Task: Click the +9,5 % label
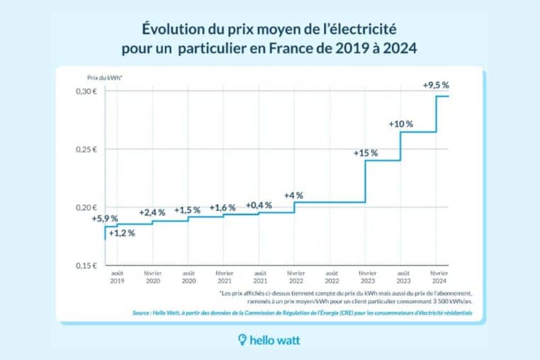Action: [x=436, y=85]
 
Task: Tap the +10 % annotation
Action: [x=400, y=123]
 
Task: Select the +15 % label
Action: [x=366, y=152]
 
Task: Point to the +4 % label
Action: [x=293, y=195]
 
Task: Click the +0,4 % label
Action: [x=259, y=205]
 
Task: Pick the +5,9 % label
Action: [x=105, y=218]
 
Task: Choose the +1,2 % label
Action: [x=120, y=233]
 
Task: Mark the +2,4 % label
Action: [x=152, y=211]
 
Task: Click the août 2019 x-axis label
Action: [x=117, y=277]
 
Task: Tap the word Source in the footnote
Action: [x=144, y=313]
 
